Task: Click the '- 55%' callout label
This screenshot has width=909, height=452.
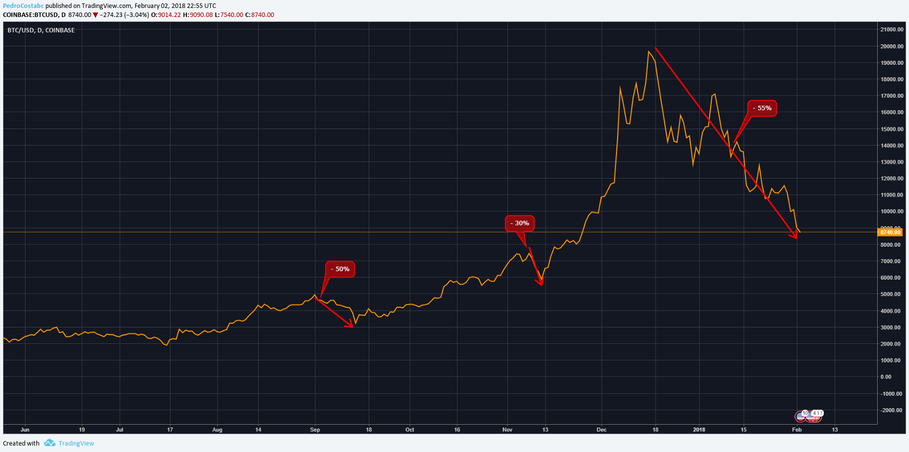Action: click(762, 108)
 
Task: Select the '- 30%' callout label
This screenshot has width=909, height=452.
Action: click(519, 223)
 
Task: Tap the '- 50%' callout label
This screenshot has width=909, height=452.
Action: click(340, 269)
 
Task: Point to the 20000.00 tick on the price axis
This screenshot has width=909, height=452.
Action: click(891, 47)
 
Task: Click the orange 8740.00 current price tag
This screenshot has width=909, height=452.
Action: click(890, 233)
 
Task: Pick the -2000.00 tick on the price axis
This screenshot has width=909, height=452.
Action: click(891, 410)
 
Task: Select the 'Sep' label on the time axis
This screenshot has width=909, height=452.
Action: click(315, 430)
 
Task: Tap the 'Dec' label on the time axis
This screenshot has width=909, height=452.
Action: click(602, 430)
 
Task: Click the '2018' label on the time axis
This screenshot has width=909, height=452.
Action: click(699, 430)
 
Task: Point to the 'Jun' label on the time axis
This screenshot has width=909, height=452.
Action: click(24, 430)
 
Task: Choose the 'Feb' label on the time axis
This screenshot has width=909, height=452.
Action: click(797, 430)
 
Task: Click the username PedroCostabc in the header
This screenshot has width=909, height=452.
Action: click(23, 6)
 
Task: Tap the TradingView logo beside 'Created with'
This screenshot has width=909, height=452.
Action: click(69, 443)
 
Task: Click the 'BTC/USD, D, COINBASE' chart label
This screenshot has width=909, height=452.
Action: click(41, 30)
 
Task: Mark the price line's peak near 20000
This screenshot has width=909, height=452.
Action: click(648, 52)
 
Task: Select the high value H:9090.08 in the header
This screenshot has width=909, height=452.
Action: click(198, 15)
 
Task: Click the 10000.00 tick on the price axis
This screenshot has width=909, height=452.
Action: click(891, 212)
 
